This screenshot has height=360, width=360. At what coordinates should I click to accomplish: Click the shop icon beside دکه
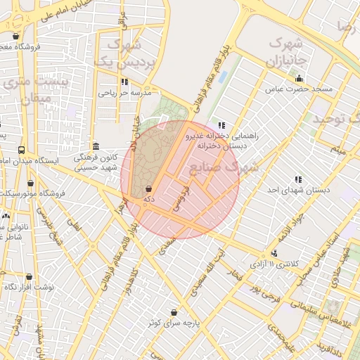[148, 189]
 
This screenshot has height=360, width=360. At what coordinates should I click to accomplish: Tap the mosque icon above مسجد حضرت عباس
[300, 79]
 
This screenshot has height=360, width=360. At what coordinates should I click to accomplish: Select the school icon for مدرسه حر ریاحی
[124, 82]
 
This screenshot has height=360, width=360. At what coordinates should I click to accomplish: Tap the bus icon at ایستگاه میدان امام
[22, 150]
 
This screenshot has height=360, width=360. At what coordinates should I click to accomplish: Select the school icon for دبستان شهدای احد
[299, 179]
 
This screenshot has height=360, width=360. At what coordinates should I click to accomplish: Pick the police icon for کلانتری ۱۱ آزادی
[275, 252]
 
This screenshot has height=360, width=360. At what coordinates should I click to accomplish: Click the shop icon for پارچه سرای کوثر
[174, 312]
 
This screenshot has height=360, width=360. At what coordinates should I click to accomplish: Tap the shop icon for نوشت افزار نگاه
[29, 277]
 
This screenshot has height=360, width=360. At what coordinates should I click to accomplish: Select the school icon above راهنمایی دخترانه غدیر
[222, 125]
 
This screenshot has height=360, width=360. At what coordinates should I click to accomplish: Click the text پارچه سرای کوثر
[174, 323]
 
